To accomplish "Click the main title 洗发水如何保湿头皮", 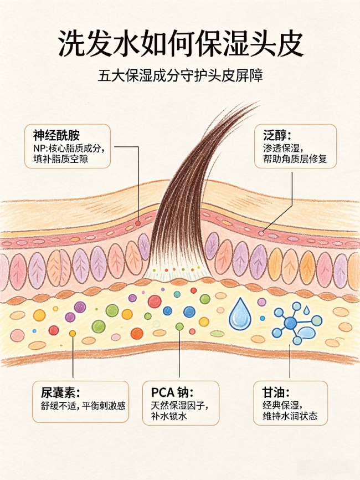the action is point(181,43).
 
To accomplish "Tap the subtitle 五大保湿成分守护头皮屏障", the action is point(181,75).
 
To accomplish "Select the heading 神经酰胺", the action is point(56,135).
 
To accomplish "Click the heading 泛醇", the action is point(277,135).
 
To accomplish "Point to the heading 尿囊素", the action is point(60,392).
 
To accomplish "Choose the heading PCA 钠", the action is point(172,392).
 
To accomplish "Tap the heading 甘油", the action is point(276,392).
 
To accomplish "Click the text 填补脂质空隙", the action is point(60,159).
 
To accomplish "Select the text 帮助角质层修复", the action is point(295,159).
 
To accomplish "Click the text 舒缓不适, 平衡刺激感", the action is point(83,406).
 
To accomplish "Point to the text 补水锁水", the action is point(169,416).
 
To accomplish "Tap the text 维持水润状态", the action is point(290,416).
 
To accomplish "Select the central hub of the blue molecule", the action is point(290,323).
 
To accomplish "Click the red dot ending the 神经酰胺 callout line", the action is point(138,223).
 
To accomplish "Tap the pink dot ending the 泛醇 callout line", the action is point(261,233).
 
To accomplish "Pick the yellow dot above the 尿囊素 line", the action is point(73,333).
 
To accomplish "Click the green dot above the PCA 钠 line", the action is point(179,326).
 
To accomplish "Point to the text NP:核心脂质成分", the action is point(69,149).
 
